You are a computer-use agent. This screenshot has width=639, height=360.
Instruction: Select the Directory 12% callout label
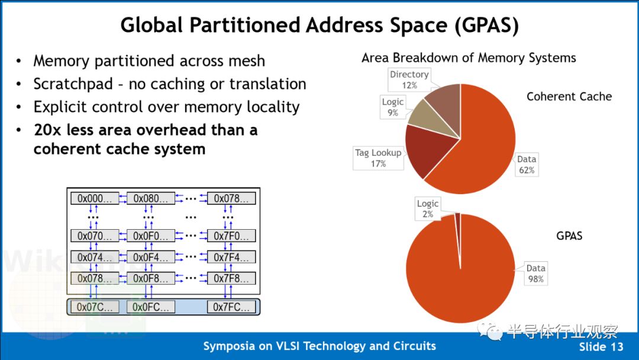(x=409, y=79)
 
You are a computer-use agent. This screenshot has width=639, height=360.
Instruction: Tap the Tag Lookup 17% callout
(x=378, y=157)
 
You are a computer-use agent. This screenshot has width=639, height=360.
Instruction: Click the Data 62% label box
(x=527, y=165)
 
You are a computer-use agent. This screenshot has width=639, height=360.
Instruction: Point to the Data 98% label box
(x=535, y=274)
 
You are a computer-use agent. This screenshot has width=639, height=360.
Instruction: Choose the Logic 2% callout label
(x=428, y=209)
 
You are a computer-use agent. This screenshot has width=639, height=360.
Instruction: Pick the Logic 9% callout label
(x=393, y=107)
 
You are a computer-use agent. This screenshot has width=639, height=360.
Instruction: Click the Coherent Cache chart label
(x=569, y=97)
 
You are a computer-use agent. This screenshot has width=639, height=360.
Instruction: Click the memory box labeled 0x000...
(x=95, y=198)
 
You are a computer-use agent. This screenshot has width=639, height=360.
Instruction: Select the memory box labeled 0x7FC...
(x=231, y=307)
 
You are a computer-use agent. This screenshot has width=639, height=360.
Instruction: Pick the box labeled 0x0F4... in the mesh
(x=151, y=257)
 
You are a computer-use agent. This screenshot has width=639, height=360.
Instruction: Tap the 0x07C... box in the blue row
(x=95, y=307)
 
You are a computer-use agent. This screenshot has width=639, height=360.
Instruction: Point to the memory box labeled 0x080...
(x=151, y=198)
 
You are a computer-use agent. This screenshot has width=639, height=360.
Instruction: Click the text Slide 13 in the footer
(x=601, y=347)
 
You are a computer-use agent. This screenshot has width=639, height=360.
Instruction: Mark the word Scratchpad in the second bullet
(x=73, y=84)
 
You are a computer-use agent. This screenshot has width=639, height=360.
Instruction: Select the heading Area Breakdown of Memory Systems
(x=469, y=58)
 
